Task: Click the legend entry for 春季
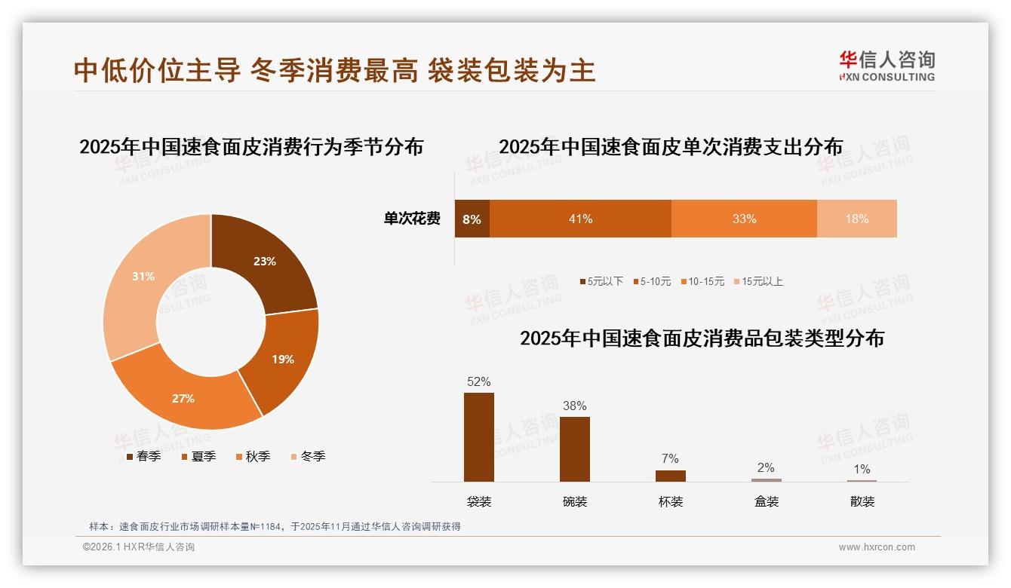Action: tap(143, 456)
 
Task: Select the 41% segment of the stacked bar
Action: tap(580, 219)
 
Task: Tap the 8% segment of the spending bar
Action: tap(472, 219)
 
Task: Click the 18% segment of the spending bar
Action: tap(856, 219)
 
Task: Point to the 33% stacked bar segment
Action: tap(744, 219)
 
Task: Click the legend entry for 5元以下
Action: tap(601, 281)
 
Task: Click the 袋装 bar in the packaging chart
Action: tap(479, 437)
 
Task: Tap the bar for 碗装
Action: tap(575, 449)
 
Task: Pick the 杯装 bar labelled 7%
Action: tap(671, 476)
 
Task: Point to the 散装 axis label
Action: tap(862, 501)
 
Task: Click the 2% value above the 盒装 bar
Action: tap(766, 467)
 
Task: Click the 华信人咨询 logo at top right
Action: tap(887, 66)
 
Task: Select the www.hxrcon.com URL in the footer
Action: tap(877, 547)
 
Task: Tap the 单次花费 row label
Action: tap(412, 219)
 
